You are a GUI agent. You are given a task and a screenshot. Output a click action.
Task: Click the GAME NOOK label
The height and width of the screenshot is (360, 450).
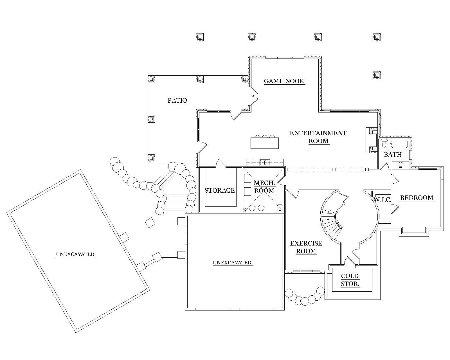284,81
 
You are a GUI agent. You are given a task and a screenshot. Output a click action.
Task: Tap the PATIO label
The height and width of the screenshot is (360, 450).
177,100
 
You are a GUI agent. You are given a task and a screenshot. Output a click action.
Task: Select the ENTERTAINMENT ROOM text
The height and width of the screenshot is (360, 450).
318,137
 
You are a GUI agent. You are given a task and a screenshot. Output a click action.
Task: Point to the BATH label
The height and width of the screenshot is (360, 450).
393,155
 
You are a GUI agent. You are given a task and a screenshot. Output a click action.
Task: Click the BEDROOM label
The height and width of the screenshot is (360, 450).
417,198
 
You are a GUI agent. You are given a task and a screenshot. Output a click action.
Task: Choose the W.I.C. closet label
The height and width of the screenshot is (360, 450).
382,200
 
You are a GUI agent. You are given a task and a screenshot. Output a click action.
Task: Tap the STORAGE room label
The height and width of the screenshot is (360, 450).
220,190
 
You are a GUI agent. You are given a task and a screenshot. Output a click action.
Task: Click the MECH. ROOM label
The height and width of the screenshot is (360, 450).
264,187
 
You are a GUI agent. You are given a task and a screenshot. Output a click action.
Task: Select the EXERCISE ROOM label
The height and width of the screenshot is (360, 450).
306,247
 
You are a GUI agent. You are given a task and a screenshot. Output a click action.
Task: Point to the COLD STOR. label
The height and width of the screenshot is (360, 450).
350,280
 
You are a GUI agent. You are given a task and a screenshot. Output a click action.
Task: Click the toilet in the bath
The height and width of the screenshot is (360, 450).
384,144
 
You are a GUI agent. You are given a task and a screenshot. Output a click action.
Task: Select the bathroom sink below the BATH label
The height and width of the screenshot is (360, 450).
400,165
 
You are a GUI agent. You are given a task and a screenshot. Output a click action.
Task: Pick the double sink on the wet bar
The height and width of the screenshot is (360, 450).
265,162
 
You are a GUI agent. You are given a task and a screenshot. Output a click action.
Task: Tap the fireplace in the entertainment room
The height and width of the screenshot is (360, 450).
371,140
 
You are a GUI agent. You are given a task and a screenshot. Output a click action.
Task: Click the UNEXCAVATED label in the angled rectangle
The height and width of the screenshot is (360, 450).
75,254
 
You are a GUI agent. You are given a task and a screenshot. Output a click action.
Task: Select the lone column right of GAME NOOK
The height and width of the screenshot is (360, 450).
377,75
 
